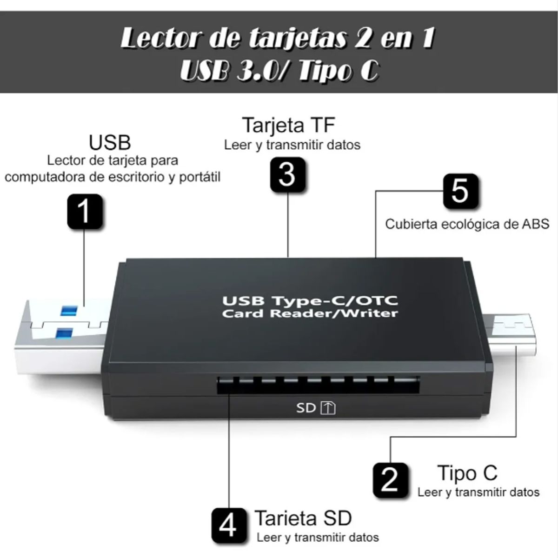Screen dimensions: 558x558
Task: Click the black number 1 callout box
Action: [x=84, y=212]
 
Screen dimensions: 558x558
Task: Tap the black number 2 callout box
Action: [x=390, y=479]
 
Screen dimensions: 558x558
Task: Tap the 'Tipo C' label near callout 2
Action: [x=467, y=473]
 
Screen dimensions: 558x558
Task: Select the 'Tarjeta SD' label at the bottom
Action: [x=303, y=518]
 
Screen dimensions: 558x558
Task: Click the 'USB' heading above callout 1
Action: [x=110, y=142]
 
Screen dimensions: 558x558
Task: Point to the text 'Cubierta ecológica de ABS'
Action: [x=467, y=224]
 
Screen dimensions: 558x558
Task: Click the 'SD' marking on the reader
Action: [x=306, y=408]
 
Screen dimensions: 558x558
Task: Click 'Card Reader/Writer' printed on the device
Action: [x=310, y=313]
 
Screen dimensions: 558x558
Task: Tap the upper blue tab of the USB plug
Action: [x=66, y=311]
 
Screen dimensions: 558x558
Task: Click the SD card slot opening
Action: [x=318, y=385]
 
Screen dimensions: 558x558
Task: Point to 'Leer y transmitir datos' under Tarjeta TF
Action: [x=292, y=145]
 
